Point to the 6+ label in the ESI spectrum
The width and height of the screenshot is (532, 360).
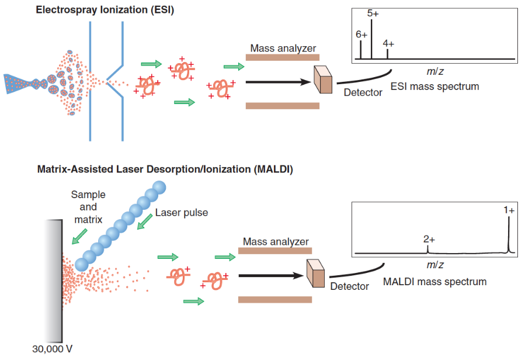tap(361, 34)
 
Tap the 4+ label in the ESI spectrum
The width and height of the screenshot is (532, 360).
tap(388, 44)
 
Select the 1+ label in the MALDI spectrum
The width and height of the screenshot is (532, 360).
tap(509, 210)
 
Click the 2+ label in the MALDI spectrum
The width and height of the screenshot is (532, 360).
tap(429, 239)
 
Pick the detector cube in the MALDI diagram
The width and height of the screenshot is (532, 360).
tap(316, 273)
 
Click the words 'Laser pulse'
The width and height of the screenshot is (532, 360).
tap(182, 213)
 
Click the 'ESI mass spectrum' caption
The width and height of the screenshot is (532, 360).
tap(434, 86)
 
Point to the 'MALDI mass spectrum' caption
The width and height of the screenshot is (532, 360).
tap(434, 282)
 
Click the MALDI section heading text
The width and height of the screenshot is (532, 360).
tap(165, 170)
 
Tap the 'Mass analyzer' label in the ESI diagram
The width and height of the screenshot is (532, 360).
tap(283, 48)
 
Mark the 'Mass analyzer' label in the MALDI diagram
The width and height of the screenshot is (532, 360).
tap(276, 241)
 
